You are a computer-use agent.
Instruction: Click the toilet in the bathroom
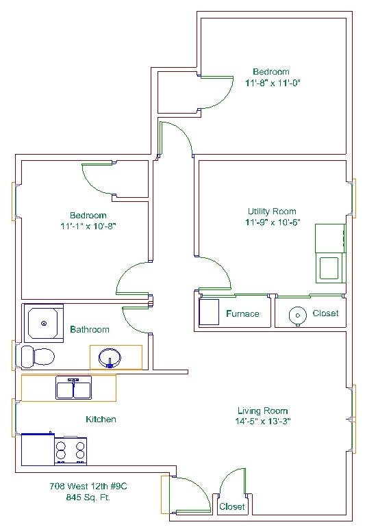[38, 357]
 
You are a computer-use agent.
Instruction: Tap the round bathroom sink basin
[110, 358]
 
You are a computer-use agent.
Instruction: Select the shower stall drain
[44, 323]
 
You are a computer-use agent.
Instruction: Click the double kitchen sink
[73, 389]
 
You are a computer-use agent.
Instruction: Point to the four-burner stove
[71, 451]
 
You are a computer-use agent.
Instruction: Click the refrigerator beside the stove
[38, 450]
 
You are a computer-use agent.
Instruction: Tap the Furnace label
[243, 313]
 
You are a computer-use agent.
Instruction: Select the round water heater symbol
[297, 315]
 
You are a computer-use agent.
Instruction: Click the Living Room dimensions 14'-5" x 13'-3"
[263, 421]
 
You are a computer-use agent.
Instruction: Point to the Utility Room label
[272, 211]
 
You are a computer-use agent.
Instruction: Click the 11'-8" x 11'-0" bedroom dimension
[273, 83]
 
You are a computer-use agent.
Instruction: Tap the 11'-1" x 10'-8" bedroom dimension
[88, 226]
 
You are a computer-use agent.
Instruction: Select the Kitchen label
[101, 419]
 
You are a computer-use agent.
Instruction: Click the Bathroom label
[90, 329]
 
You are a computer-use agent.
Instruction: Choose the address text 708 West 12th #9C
[88, 486]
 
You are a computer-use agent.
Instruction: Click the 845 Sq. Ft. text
[88, 498]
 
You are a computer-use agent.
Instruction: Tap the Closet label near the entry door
[231, 506]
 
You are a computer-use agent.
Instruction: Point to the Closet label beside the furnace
[325, 313]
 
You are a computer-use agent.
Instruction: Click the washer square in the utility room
[329, 268]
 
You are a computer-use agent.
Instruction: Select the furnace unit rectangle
[209, 312]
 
